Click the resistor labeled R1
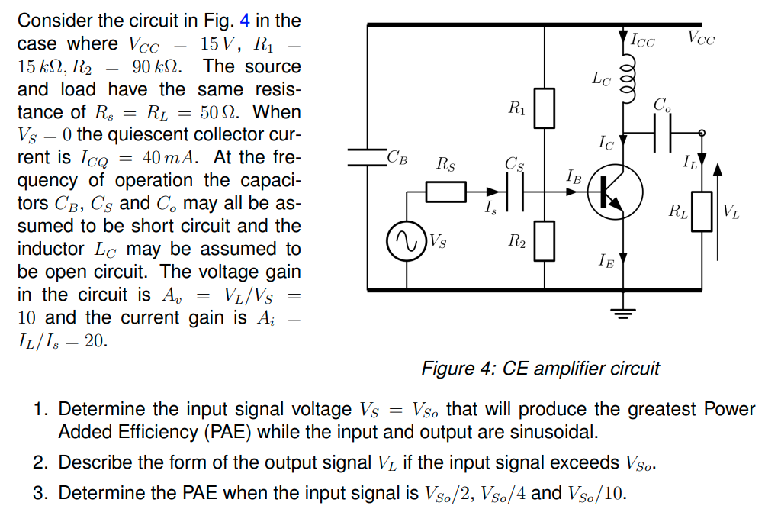543,108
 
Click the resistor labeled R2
543,240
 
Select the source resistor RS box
445,192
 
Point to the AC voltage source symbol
406,242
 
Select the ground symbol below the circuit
625,310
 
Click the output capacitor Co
661,134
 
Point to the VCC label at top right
700,37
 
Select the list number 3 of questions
41,493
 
